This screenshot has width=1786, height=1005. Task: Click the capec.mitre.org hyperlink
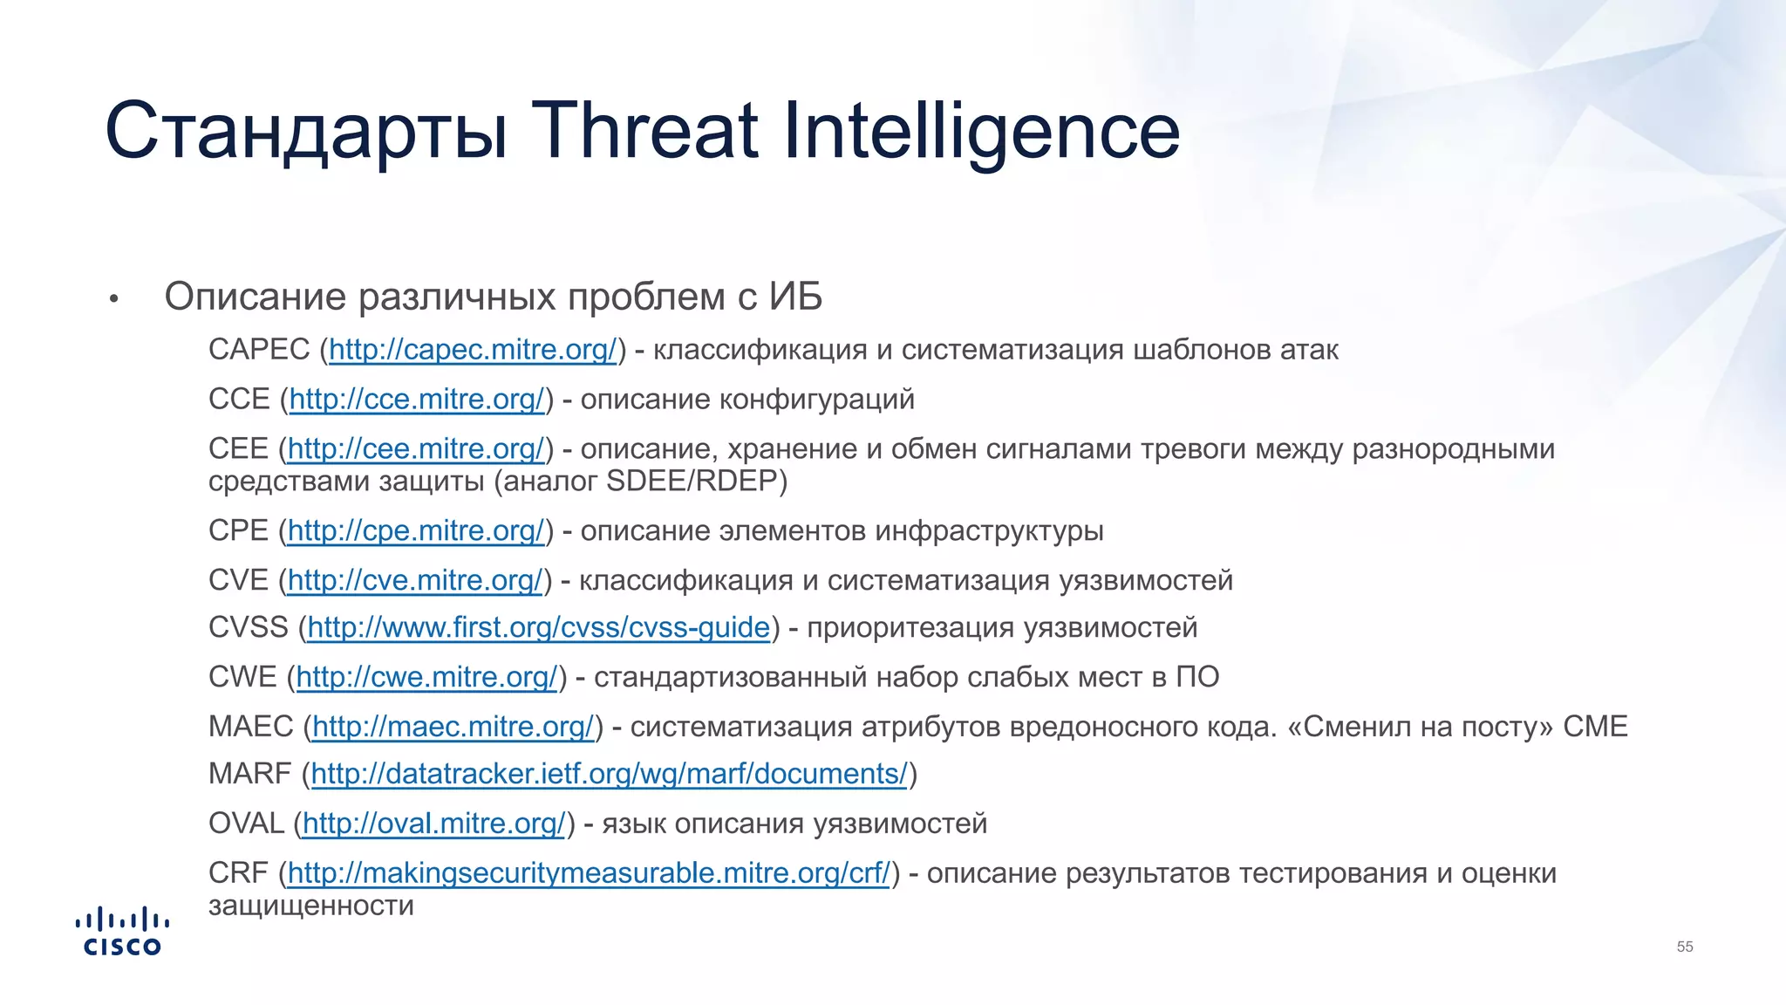473,350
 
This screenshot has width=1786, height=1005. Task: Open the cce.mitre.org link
417,400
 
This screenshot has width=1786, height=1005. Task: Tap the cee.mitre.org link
416,449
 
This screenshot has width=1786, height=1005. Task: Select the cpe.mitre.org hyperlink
416,531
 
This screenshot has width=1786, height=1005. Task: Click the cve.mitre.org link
415,581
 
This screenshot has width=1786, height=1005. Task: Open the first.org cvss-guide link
538,628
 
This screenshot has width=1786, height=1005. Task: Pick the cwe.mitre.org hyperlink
426,678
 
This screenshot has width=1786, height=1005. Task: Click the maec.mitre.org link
453,728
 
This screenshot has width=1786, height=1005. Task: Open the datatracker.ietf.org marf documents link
610,775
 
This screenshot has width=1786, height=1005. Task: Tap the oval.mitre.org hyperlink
434,824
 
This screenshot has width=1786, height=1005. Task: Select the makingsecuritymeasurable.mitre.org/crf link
589,874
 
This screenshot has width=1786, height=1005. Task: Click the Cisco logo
122,932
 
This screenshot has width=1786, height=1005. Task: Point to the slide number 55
1685,947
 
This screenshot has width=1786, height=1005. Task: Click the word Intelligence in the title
982,131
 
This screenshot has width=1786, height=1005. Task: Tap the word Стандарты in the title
305,131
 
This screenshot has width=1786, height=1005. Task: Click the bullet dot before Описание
113,300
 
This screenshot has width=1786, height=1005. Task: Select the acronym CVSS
248,628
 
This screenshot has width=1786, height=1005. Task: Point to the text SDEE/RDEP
695,482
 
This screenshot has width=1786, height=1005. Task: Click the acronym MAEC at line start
251,728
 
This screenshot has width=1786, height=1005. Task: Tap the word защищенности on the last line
311,906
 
